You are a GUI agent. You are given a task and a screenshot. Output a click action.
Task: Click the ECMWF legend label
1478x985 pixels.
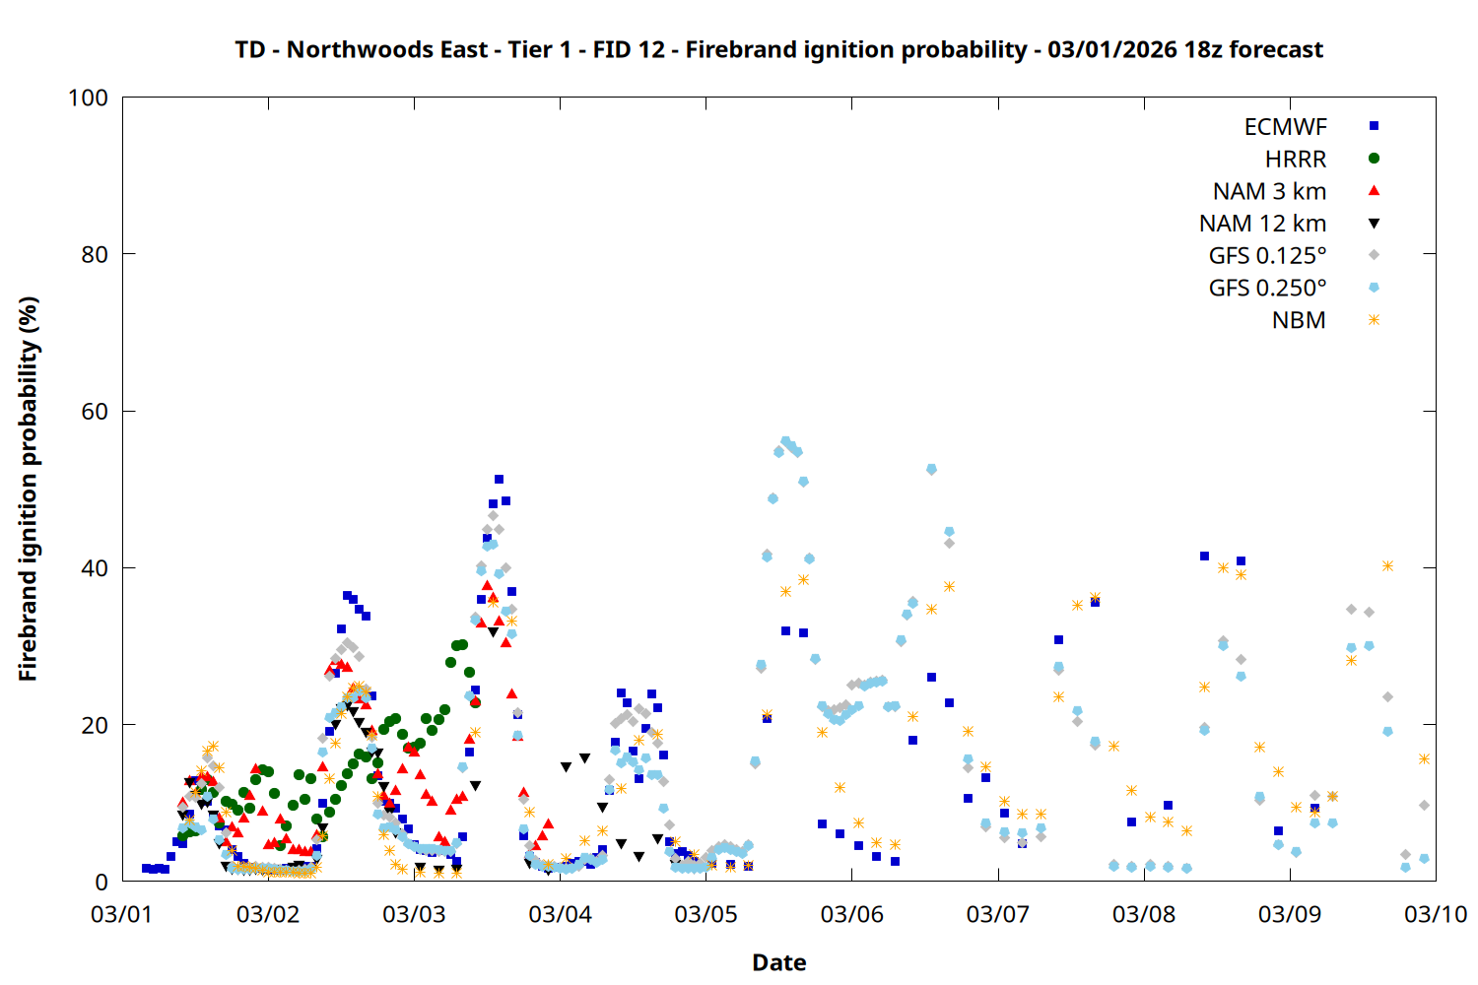pyautogui.click(x=1285, y=127)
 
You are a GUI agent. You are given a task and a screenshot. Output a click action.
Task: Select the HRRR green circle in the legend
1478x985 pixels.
pyautogui.click(x=1374, y=159)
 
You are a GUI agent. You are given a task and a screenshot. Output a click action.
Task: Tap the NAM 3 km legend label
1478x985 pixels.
pyautogui.click(x=1269, y=191)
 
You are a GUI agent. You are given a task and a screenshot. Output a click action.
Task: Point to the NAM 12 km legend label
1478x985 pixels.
pyautogui.click(x=1262, y=224)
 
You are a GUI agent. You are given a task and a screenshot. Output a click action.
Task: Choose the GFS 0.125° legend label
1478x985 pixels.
pyautogui.click(x=1267, y=256)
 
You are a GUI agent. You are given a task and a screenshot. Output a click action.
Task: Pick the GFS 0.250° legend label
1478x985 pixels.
pyautogui.click(x=1267, y=289)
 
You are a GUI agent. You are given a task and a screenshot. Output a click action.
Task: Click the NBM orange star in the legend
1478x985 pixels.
pyautogui.click(x=1374, y=320)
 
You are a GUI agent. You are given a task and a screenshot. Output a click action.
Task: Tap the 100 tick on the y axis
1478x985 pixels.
pyautogui.click(x=88, y=98)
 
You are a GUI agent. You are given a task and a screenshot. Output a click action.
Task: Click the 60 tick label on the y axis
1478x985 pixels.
pyautogui.click(x=95, y=412)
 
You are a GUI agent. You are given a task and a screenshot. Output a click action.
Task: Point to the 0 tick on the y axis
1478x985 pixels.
pyautogui.click(x=101, y=882)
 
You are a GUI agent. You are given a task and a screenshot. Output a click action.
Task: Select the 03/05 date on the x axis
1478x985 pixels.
pyautogui.click(x=705, y=914)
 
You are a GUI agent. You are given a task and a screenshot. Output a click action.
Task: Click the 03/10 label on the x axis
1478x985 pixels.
pyautogui.click(x=1436, y=914)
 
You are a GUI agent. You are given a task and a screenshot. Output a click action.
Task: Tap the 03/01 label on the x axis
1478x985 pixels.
pyautogui.click(x=122, y=914)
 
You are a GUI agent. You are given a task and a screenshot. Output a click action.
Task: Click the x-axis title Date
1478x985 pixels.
pyautogui.click(x=778, y=962)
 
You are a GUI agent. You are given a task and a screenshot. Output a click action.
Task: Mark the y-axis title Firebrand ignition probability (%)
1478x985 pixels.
pyautogui.click(x=29, y=489)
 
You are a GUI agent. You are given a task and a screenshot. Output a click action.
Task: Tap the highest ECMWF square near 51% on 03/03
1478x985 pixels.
pyautogui.click(x=499, y=480)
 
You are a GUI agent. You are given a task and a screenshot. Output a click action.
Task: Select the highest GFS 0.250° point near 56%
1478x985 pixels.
pyautogui.click(x=785, y=441)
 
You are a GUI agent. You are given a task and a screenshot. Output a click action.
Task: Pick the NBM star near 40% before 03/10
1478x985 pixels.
pyautogui.click(x=1387, y=565)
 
